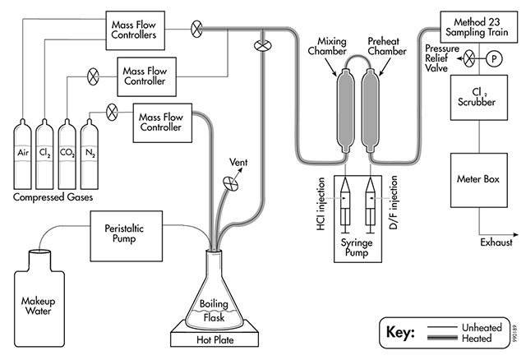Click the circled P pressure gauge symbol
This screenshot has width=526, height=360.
point(494,58)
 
